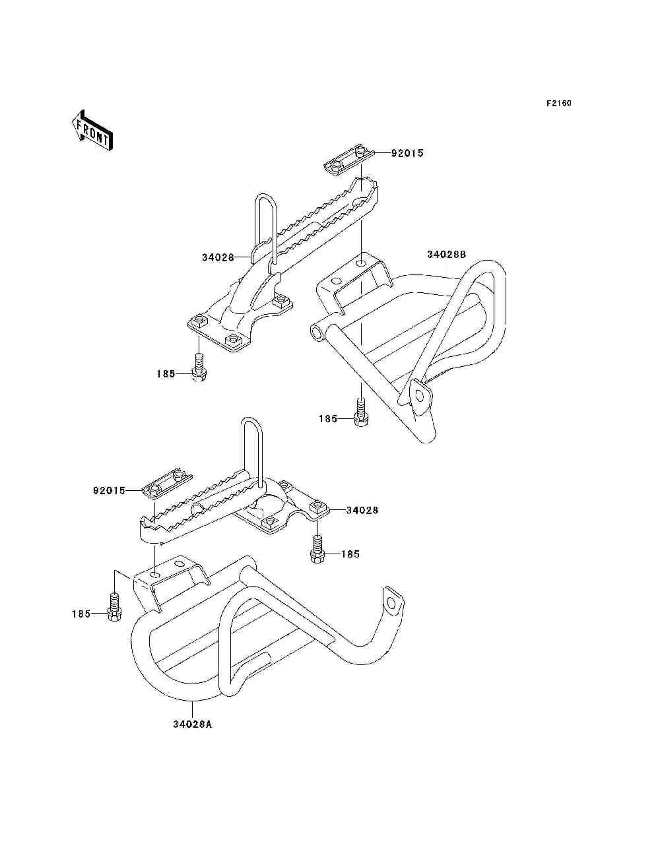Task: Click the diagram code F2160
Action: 558,104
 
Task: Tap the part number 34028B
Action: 446,255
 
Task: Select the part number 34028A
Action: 193,724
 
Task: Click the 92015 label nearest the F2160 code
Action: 407,153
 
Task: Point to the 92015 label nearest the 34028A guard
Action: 109,491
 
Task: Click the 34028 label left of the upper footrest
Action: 218,257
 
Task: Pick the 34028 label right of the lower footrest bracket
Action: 362,510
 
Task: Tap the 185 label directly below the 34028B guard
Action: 328,419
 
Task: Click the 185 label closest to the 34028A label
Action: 81,614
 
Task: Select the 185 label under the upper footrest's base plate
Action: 166,374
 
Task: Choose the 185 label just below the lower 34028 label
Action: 350,554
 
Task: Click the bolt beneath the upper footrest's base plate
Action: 199,368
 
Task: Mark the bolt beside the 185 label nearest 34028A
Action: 114,608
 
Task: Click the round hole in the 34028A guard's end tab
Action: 393,603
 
